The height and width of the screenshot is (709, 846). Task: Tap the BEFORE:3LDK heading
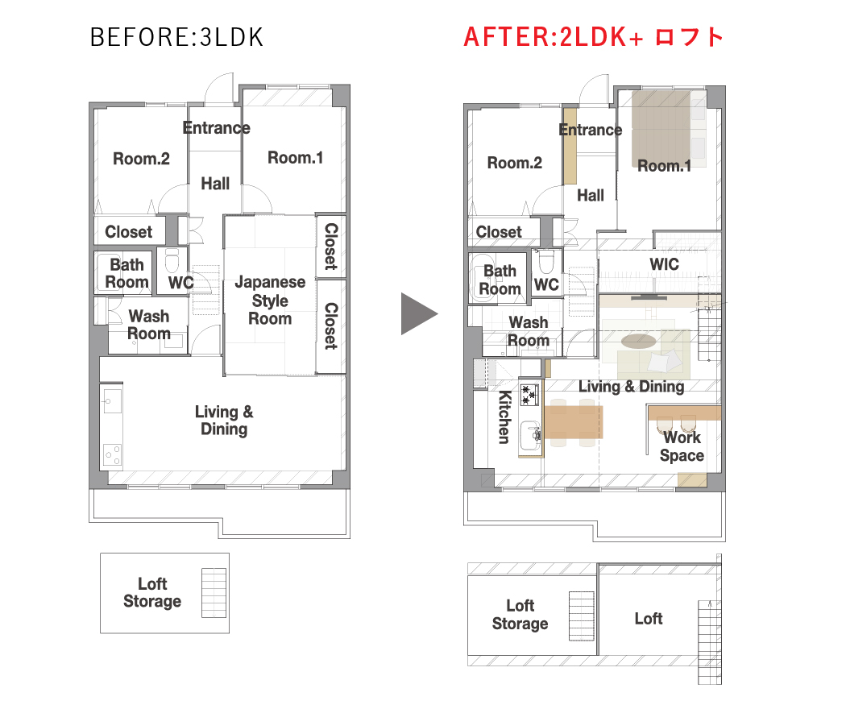coord(177,37)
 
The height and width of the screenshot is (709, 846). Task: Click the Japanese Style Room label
coord(270,300)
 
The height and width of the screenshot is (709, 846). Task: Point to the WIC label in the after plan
coord(664,264)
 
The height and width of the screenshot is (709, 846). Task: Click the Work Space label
coord(682,446)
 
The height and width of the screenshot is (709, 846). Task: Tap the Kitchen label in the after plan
coord(504,417)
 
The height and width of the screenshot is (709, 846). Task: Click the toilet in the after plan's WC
coord(546,262)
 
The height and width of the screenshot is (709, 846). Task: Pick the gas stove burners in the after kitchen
coord(529,395)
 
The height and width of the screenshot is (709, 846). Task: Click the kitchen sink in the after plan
coord(530,435)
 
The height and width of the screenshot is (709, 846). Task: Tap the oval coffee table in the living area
coord(639,341)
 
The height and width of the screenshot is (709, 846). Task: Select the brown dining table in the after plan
coord(574,422)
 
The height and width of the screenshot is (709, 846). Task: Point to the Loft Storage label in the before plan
coord(152,592)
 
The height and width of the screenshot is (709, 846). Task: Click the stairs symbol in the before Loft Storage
coord(214,592)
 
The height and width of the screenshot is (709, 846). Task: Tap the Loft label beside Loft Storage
coord(649,618)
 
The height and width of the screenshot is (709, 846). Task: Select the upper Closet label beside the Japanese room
coord(330,247)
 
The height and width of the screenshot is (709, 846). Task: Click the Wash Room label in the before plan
coord(149,325)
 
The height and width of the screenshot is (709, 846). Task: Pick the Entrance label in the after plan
coord(591,130)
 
